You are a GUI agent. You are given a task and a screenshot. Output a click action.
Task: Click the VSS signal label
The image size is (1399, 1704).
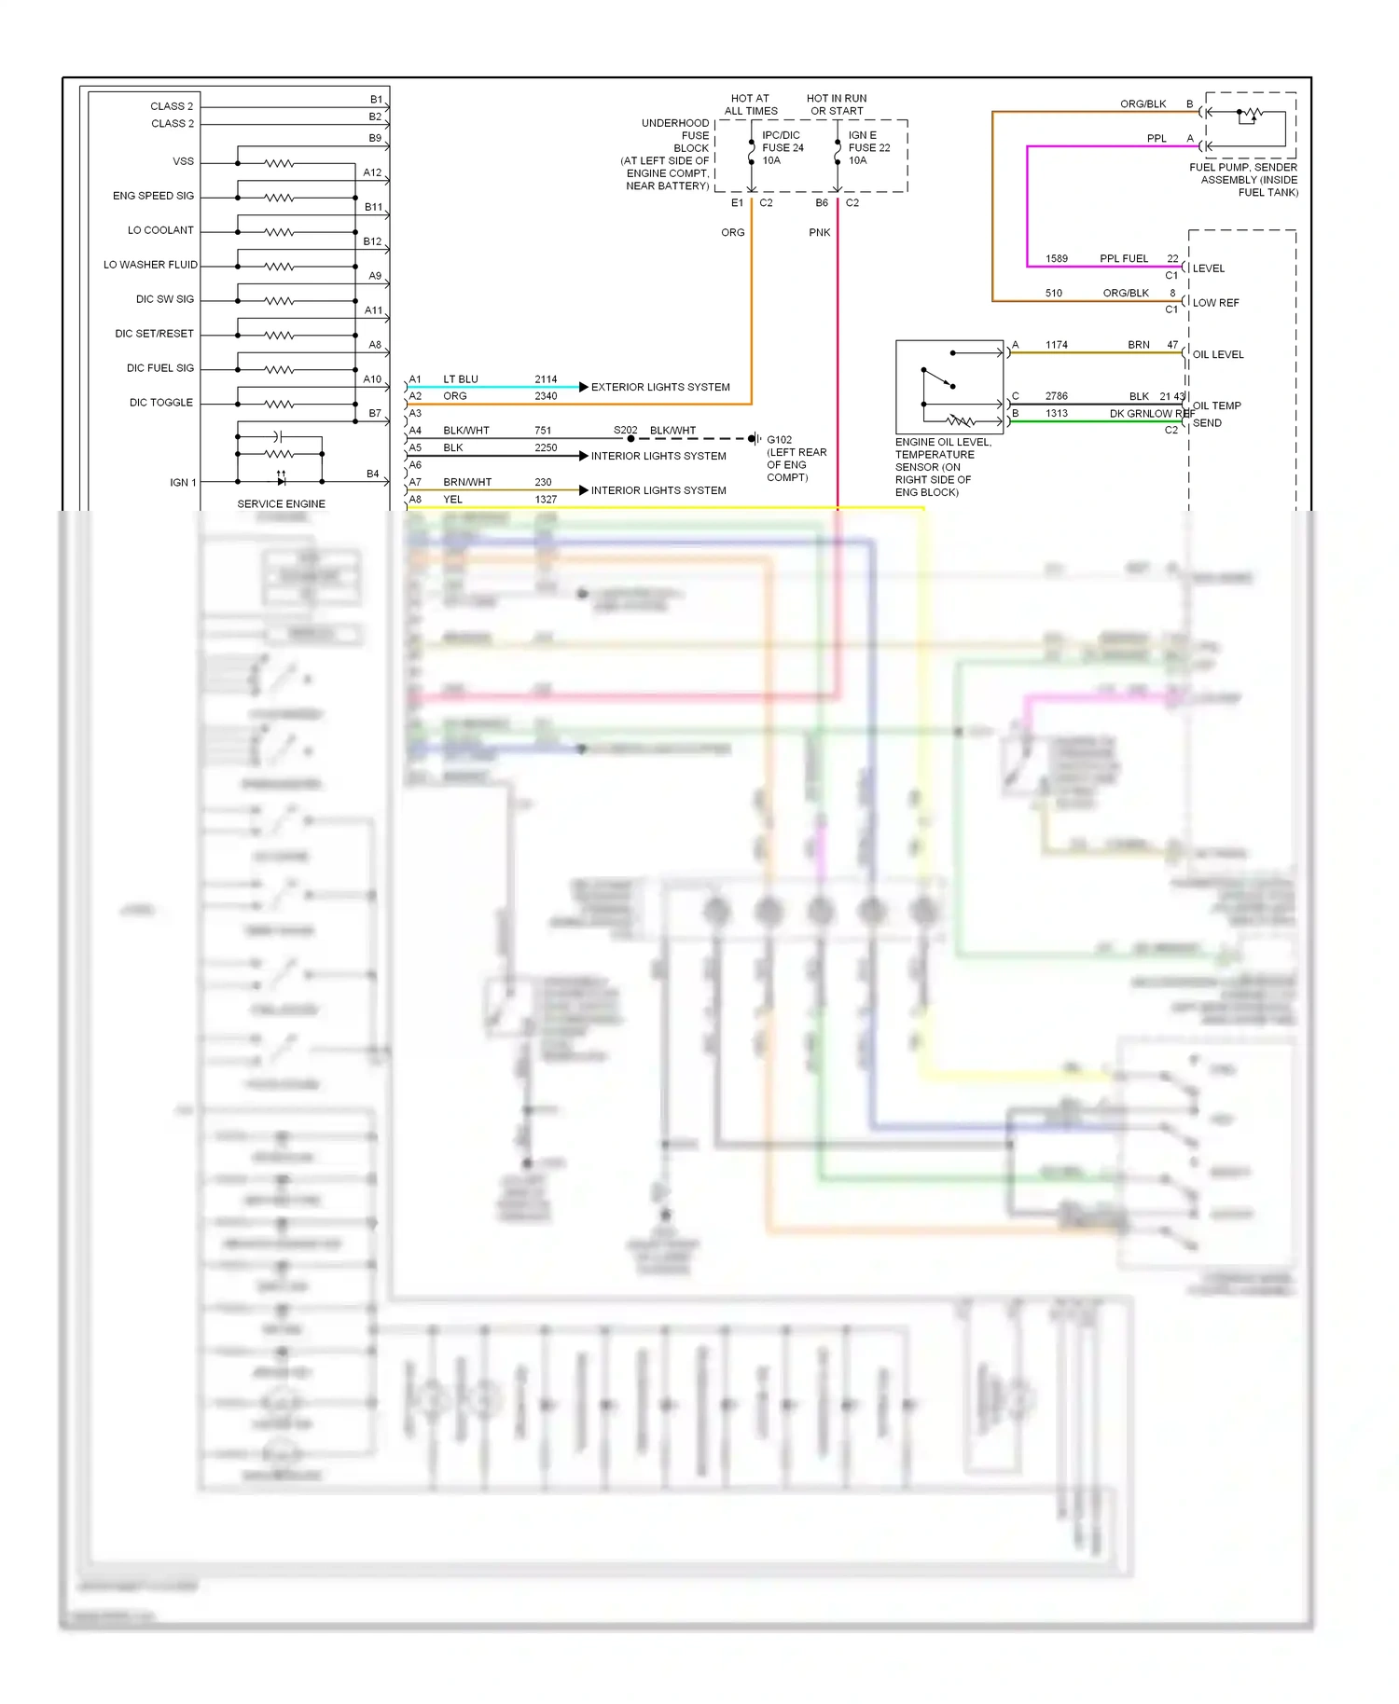[183, 161]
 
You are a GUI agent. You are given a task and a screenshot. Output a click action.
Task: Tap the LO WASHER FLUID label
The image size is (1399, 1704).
[150, 265]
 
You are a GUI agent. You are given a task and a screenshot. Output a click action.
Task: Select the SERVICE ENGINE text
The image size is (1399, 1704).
[281, 503]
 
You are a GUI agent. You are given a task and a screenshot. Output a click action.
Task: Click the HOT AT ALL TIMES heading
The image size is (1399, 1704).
[751, 104]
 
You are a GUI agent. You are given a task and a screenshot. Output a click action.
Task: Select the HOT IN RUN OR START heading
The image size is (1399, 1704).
[837, 104]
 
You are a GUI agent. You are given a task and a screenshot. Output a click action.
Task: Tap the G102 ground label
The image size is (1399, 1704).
[780, 440]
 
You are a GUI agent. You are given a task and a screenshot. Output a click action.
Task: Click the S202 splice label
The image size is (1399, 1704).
[625, 431]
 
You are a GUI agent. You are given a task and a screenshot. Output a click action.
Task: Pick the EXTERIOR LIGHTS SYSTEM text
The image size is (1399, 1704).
[660, 387]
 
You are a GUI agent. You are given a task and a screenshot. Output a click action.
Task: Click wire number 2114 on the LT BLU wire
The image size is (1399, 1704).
[546, 379]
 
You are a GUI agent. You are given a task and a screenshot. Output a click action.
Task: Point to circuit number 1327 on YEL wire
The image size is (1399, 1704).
[546, 500]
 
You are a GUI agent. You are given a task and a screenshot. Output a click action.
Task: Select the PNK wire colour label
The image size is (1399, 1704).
[819, 233]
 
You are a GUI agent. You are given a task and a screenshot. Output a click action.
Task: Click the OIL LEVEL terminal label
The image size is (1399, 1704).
[1218, 354]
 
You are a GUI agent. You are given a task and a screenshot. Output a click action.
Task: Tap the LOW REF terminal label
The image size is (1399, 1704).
[1215, 303]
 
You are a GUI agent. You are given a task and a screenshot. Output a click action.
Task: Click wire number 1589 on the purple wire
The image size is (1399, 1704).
[1057, 259]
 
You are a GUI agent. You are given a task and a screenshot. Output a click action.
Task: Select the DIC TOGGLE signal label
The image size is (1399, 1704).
[160, 403]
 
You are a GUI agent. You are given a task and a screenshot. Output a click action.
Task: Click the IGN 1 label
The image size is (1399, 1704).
[183, 483]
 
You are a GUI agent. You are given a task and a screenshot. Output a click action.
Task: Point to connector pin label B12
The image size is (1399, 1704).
[372, 241]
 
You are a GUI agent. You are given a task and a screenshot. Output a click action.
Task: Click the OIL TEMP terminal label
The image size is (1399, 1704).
[1217, 405]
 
